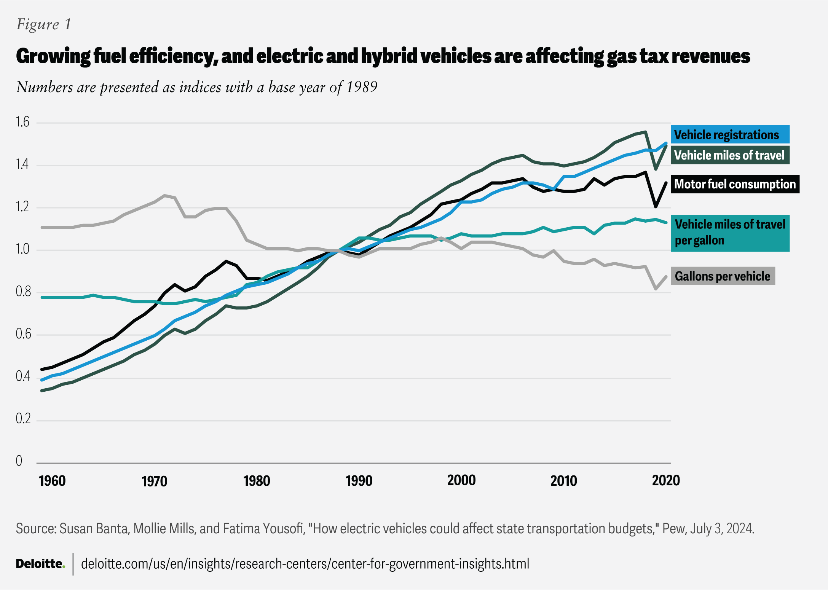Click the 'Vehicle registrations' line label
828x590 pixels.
[730, 135]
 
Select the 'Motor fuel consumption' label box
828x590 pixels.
[735, 184]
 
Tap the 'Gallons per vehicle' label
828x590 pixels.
[723, 276]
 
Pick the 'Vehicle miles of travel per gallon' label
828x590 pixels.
[730, 233]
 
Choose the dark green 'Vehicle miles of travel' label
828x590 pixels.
[730, 155]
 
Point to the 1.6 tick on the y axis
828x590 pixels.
[22, 122]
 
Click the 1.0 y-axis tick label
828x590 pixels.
[22, 249]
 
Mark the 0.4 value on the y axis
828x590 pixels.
[22, 377]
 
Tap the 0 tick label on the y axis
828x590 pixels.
[19, 461]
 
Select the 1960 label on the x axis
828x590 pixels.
[52, 481]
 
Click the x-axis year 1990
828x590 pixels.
[359, 481]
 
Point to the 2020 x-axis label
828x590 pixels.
[666, 480]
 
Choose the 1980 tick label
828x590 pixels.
[257, 481]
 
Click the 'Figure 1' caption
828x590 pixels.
[44, 24]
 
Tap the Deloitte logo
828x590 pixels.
[40, 564]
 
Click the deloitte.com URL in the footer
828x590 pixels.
[305, 564]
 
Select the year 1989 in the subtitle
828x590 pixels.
[361, 87]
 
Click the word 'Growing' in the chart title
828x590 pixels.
[53, 56]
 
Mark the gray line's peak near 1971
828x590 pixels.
[164, 195]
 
